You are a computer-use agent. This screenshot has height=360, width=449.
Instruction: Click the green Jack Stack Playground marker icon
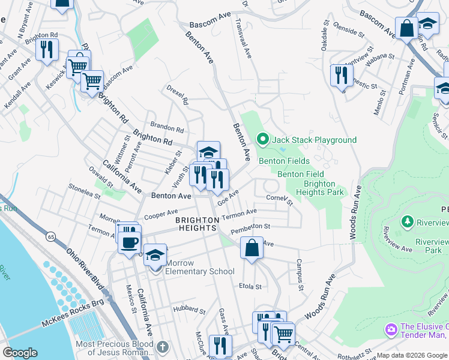click(262, 140)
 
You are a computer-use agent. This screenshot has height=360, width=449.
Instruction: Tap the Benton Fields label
click(284, 161)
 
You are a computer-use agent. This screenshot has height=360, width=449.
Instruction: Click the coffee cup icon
click(130, 242)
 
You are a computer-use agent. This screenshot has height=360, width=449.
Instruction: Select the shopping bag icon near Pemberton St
click(252, 247)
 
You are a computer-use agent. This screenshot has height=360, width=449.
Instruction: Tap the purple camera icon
click(391, 329)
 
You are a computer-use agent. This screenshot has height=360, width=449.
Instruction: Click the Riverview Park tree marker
click(408, 222)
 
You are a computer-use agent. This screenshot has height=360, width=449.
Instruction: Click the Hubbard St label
click(190, 310)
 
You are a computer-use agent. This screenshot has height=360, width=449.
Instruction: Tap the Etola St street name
click(250, 286)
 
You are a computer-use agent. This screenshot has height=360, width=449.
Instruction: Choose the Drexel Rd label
click(178, 97)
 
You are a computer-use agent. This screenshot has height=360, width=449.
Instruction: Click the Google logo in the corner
click(20, 353)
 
